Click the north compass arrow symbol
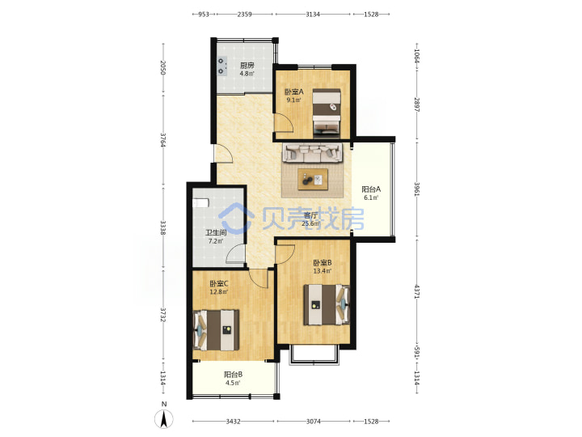point(163,419)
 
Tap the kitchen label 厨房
point(247,66)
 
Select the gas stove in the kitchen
point(221,66)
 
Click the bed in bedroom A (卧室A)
point(327,112)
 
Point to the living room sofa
point(313,153)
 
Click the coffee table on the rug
point(313,180)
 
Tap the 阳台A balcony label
point(371,189)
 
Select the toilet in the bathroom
point(200,203)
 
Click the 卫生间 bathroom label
point(216,233)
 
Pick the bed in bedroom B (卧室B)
point(327,305)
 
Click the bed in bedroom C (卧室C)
point(216,330)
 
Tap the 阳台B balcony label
point(233,375)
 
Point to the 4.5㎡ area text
point(233,383)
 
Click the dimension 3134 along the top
point(313,14)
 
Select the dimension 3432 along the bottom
point(233,422)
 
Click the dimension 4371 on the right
point(417,291)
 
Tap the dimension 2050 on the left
point(162,67)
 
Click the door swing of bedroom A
point(284,123)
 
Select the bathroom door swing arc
point(235,254)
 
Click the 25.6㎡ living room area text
point(310,223)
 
